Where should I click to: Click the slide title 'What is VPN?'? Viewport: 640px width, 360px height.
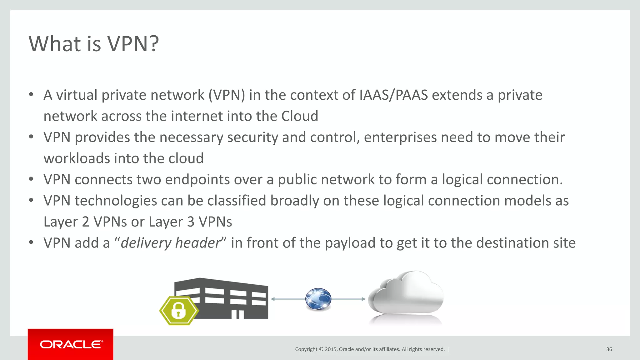pyautogui.click(x=94, y=44)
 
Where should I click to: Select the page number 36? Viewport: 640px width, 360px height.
pyautogui.click(x=609, y=349)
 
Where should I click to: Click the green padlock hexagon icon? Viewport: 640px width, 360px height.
pyautogui.click(x=178, y=311)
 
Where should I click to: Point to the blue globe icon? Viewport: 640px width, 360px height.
pyautogui.click(x=318, y=299)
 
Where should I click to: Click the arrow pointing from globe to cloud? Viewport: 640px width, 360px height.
pyautogui.click(x=348, y=299)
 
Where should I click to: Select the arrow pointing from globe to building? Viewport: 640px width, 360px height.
pyautogui.click(x=287, y=299)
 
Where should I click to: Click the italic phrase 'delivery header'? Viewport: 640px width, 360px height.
pyautogui.click(x=171, y=243)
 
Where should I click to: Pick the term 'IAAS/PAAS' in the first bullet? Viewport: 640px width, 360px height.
pyautogui.click(x=393, y=95)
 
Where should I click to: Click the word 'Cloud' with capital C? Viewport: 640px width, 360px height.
pyautogui.click(x=300, y=116)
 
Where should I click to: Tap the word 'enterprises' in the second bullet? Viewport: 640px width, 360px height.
pyautogui.click(x=400, y=137)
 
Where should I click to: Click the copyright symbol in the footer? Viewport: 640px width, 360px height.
pyautogui.click(x=321, y=349)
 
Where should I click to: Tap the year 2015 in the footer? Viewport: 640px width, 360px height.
pyautogui.click(x=331, y=349)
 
